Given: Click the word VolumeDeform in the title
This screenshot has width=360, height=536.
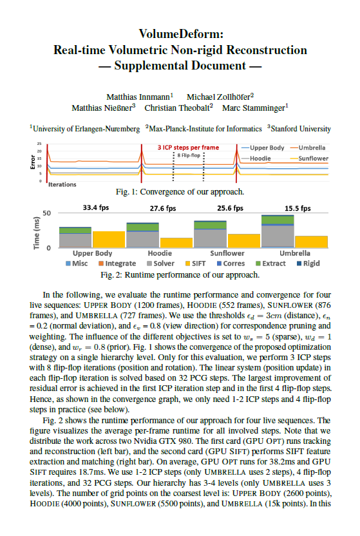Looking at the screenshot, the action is (180, 34).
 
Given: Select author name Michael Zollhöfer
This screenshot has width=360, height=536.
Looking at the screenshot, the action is (220, 97).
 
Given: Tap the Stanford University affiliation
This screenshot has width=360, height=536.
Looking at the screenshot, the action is (299, 129).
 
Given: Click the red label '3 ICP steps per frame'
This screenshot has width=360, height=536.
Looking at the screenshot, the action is (188, 148).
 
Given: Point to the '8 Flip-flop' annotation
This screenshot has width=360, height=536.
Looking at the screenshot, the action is (189, 155).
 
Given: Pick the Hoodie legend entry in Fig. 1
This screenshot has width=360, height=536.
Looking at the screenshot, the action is (256, 158).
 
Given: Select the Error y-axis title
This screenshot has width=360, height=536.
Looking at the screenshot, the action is (33, 162).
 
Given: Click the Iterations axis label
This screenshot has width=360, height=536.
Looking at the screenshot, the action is (62, 185).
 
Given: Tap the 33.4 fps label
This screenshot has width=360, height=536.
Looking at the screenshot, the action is (96, 207).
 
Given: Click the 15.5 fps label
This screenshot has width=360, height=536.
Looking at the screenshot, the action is (298, 208).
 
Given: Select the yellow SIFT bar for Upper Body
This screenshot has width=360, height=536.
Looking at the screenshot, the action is (109, 239).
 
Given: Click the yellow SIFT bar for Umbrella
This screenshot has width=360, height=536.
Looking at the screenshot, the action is (311, 242).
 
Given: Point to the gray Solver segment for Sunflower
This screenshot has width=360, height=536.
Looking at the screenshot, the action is (210, 238).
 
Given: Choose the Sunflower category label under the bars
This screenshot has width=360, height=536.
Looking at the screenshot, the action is (227, 253).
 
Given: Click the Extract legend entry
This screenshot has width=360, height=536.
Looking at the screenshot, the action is (270, 263).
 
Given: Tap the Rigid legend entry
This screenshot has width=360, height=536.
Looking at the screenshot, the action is (308, 263).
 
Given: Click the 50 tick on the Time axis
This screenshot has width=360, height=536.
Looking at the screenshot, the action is (47, 213).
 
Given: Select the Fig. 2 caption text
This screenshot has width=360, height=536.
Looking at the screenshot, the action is (180, 275).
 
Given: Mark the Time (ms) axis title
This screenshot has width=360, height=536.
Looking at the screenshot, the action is (36, 233).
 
